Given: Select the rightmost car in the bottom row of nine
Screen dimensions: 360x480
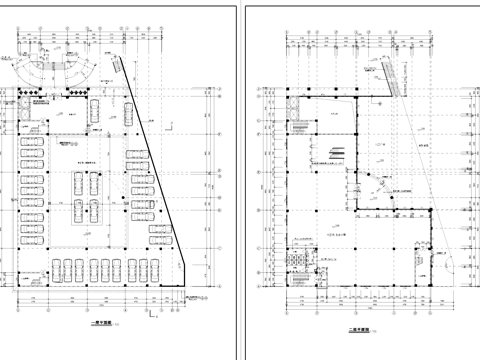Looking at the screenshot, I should point(152,268).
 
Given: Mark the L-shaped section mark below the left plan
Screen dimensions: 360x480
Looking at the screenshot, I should point(152,319).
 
